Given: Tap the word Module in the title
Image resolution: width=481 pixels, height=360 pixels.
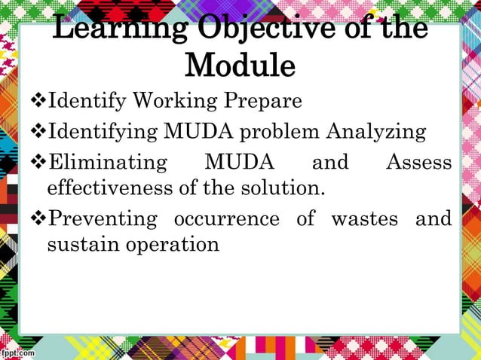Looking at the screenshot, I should click(x=240, y=66).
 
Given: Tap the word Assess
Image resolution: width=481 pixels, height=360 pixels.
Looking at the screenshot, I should click(x=418, y=163).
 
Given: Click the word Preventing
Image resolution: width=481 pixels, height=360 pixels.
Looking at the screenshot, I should click(x=103, y=220).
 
